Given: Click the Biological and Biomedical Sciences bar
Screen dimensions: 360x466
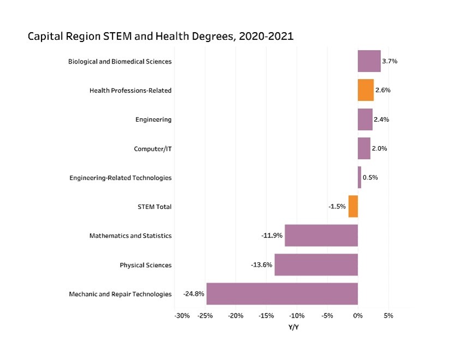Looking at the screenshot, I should [x=369, y=61].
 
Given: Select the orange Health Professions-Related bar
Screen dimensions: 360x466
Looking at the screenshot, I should [x=366, y=90].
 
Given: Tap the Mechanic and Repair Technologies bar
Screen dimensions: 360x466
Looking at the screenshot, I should [x=282, y=294].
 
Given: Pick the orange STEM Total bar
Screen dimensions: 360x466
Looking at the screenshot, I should [x=353, y=207].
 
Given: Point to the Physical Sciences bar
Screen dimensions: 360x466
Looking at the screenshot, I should [x=316, y=265].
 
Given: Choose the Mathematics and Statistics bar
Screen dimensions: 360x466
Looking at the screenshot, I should [x=321, y=236].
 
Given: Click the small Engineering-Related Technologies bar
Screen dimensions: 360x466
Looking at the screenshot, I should [x=360, y=177].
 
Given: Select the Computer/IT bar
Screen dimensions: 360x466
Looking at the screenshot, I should [x=364, y=148].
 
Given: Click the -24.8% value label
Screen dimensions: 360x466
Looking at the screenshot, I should [x=194, y=294].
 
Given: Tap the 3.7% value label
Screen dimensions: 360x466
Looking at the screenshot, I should [x=390, y=61].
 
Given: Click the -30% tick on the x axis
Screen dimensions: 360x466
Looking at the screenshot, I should [x=182, y=316].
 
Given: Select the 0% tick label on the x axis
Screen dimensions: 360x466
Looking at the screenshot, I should [x=358, y=316].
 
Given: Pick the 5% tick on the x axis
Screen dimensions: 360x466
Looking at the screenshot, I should [x=389, y=316].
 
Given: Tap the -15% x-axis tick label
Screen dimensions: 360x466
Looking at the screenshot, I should [x=266, y=316].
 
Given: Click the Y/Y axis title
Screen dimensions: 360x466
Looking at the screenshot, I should [x=294, y=327].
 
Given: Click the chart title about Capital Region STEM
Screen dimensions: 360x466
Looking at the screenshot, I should [x=160, y=37].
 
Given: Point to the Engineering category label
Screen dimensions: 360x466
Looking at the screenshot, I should [x=153, y=119].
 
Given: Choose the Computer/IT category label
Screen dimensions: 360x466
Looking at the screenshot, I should [x=153, y=148].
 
